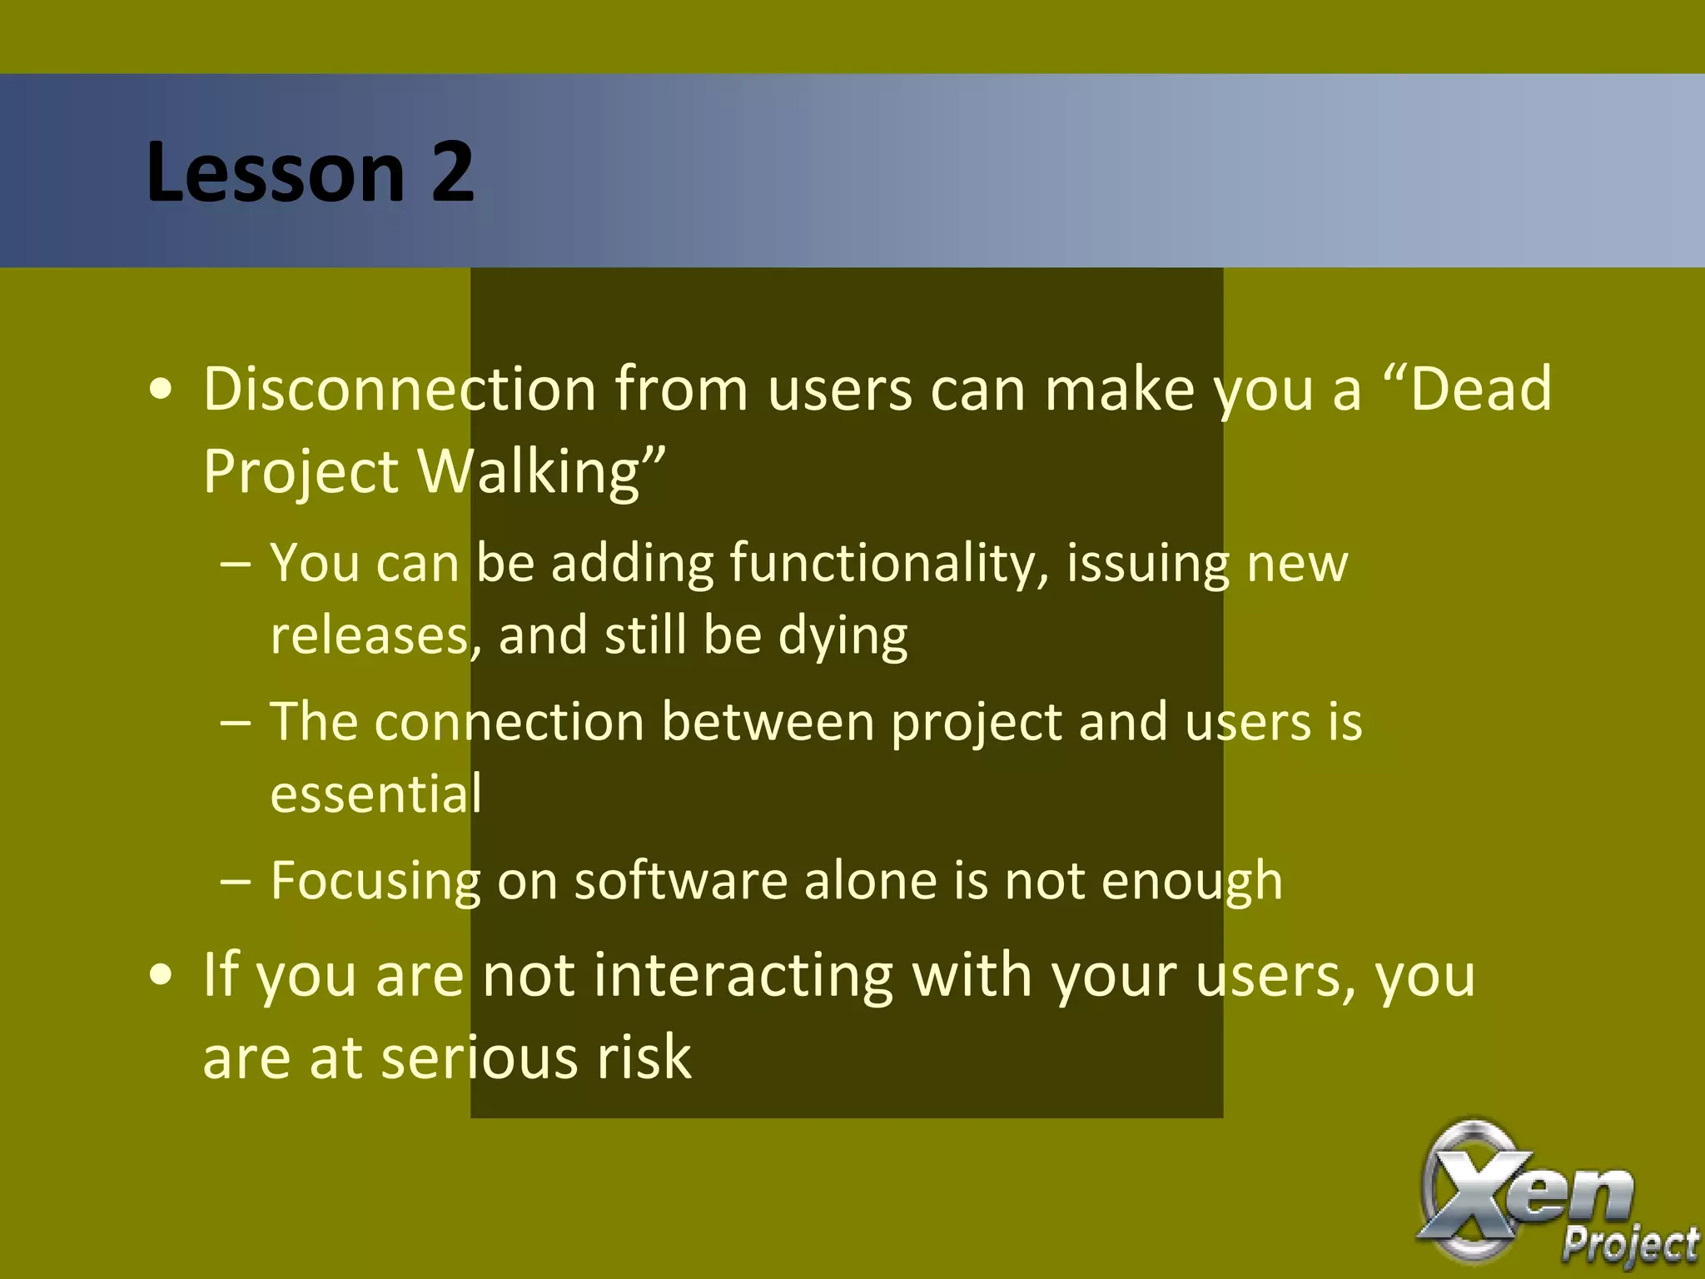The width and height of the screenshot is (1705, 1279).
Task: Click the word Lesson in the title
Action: pyautogui.click(x=275, y=172)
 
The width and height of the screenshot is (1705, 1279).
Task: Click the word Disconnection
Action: pyautogui.click(x=400, y=389)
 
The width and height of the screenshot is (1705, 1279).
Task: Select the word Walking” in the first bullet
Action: pyautogui.click(x=542, y=472)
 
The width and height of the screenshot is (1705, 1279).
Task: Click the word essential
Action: pyautogui.click(x=375, y=794)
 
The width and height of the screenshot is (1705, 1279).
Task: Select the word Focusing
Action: pyautogui.click(x=375, y=881)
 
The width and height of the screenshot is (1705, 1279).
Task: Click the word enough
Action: pyautogui.click(x=1191, y=881)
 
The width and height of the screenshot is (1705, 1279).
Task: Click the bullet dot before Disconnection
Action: pyautogui.click(x=161, y=391)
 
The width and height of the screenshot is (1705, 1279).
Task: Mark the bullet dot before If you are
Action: pyautogui.click(x=161, y=976)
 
